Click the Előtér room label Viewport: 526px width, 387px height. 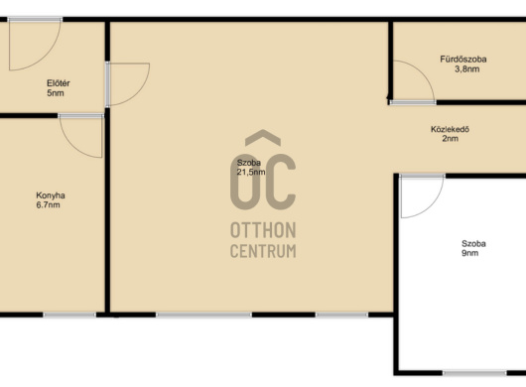[x=58, y=82]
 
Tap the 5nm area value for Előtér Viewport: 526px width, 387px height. [x=56, y=93]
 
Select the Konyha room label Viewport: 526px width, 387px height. [x=51, y=195]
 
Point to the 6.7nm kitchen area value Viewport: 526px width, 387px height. [x=48, y=204]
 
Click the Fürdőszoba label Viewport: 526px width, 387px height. [x=463, y=60]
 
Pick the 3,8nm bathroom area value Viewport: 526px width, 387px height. [x=467, y=69]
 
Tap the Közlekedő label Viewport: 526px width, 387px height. [x=450, y=129]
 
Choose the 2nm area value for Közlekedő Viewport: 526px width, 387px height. [x=451, y=139]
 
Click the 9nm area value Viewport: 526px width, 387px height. [x=470, y=253]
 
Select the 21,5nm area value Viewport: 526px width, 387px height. [x=251, y=172]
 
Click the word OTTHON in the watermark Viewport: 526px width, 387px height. [x=263, y=230]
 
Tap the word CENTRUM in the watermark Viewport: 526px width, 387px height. [x=263, y=251]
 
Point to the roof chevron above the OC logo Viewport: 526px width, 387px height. [x=263, y=138]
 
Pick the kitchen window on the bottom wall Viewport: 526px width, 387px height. [x=69, y=315]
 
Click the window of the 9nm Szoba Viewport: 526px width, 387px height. [x=474, y=373]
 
